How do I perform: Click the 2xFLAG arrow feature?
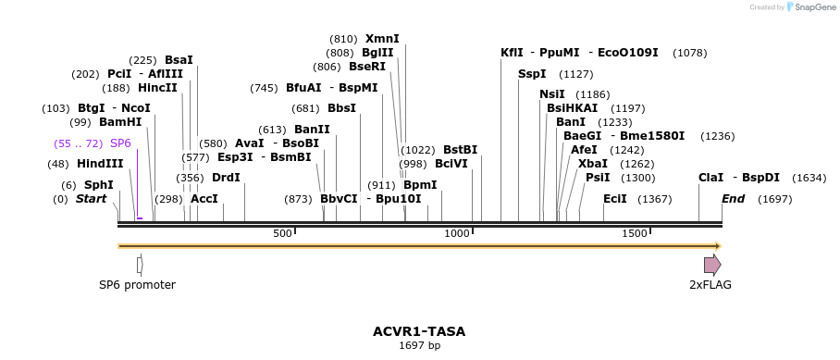[711, 265]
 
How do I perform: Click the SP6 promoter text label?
[137, 285]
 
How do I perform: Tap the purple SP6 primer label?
[120, 143]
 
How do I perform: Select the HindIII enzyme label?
[100, 164]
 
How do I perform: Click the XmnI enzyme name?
[382, 39]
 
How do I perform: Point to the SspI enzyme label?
[532, 74]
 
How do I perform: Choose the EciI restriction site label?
[614, 199]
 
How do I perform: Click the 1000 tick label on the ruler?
[457, 233]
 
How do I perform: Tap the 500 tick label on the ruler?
[282, 233]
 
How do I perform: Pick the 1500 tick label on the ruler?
[634, 233]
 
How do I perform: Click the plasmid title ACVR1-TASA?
[419, 330]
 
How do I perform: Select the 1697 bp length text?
[419, 345]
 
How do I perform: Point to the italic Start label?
[92, 199]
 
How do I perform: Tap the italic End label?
[733, 199]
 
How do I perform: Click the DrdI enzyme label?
[226, 178]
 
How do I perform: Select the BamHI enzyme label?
[120, 122]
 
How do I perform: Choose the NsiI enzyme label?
[551, 94]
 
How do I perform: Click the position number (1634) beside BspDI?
[809, 178]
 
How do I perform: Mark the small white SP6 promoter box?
[139, 265]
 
